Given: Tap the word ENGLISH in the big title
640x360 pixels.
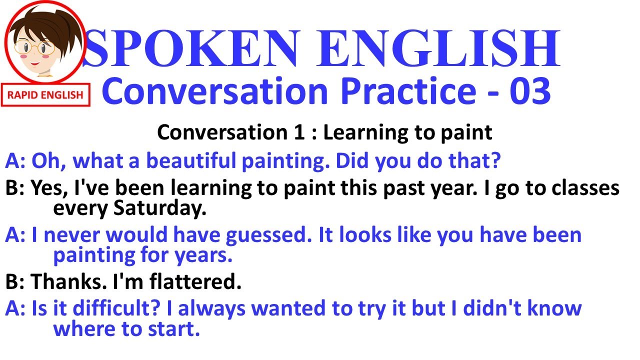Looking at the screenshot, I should (440, 48).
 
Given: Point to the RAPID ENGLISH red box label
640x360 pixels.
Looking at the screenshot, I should (45, 95).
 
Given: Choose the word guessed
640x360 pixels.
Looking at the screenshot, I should (272, 235).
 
